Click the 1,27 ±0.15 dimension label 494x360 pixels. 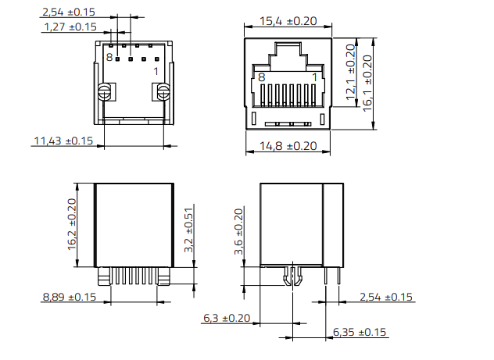click(69, 27)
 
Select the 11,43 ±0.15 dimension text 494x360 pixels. click(62, 141)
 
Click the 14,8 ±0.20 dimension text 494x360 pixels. click(287, 145)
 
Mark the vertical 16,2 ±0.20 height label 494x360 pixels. click(72, 224)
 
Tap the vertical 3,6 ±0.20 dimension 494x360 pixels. click(239, 232)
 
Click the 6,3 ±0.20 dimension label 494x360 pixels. click(227, 318)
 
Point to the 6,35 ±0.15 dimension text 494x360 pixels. click(360, 332)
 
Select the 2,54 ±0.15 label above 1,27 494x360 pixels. click(69, 12)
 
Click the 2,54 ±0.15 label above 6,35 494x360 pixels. click(386, 297)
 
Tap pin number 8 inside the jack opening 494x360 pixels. click(261, 77)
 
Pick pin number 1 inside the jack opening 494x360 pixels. click(315, 77)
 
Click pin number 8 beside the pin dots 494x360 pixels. click(110, 57)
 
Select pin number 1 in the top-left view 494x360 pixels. click(156, 71)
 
